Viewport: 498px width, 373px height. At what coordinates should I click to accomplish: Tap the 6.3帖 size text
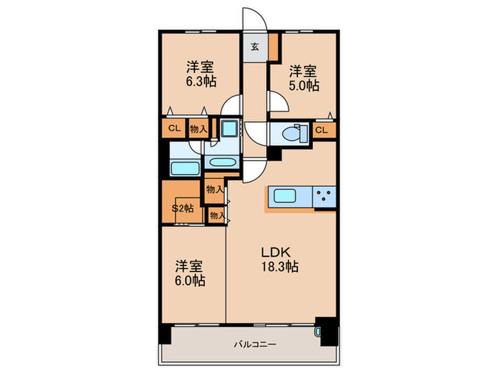[x=201, y=82]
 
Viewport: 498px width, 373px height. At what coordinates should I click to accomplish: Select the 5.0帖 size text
[x=303, y=86]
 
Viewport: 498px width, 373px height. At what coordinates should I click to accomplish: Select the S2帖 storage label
[x=183, y=208]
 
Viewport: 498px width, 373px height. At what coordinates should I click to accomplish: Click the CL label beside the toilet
[x=322, y=130]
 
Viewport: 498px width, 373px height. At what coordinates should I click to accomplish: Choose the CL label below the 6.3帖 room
[x=174, y=129]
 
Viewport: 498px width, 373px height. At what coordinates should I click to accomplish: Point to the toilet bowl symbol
[x=293, y=132]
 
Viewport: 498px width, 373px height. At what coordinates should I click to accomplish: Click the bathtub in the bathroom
[x=185, y=169]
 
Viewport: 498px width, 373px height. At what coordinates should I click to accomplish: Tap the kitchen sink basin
[x=285, y=196]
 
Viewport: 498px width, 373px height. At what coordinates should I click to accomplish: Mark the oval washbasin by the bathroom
[x=223, y=162]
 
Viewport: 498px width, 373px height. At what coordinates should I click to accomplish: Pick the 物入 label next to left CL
[x=198, y=129]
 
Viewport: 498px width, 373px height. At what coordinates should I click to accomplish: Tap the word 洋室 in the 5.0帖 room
[x=303, y=72]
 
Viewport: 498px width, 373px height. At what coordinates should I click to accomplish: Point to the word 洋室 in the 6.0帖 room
[x=190, y=266]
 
